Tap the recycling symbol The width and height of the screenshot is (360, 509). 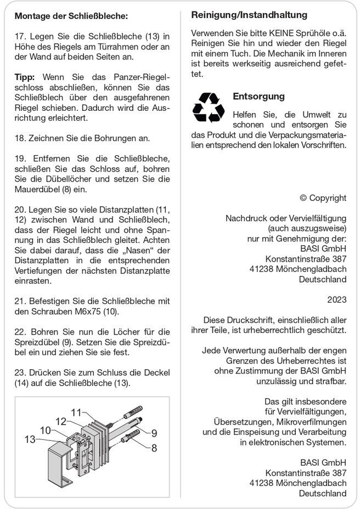pyautogui.click(x=208, y=107)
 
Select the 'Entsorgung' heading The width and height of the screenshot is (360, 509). pyautogui.click(x=258, y=97)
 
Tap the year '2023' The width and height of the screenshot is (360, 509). pyautogui.click(x=336, y=299)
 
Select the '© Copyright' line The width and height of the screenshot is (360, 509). pyautogui.click(x=323, y=198)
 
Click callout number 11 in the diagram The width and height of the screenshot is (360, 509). pyautogui.click(x=76, y=412)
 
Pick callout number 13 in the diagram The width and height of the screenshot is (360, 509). pyautogui.click(x=30, y=439)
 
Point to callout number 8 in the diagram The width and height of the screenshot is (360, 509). pyautogui.click(x=154, y=448)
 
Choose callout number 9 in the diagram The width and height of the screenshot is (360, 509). pyautogui.click(x=154, y=433)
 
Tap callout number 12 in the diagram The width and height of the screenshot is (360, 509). pyautogui.click(x=61, y=421)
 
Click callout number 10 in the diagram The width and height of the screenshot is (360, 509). pyautogui.click(x=46, y=430)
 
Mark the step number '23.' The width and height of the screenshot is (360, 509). pyautogui.click(x=21, y=372)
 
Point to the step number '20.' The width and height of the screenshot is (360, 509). pyautogui.click(x=21, y=210)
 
